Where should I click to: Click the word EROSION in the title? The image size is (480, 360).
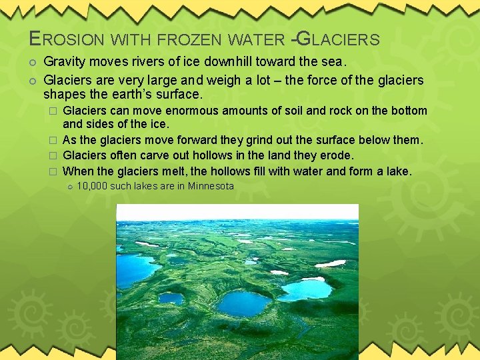coord(61,39)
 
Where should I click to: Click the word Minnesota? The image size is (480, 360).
coord(211,186)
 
